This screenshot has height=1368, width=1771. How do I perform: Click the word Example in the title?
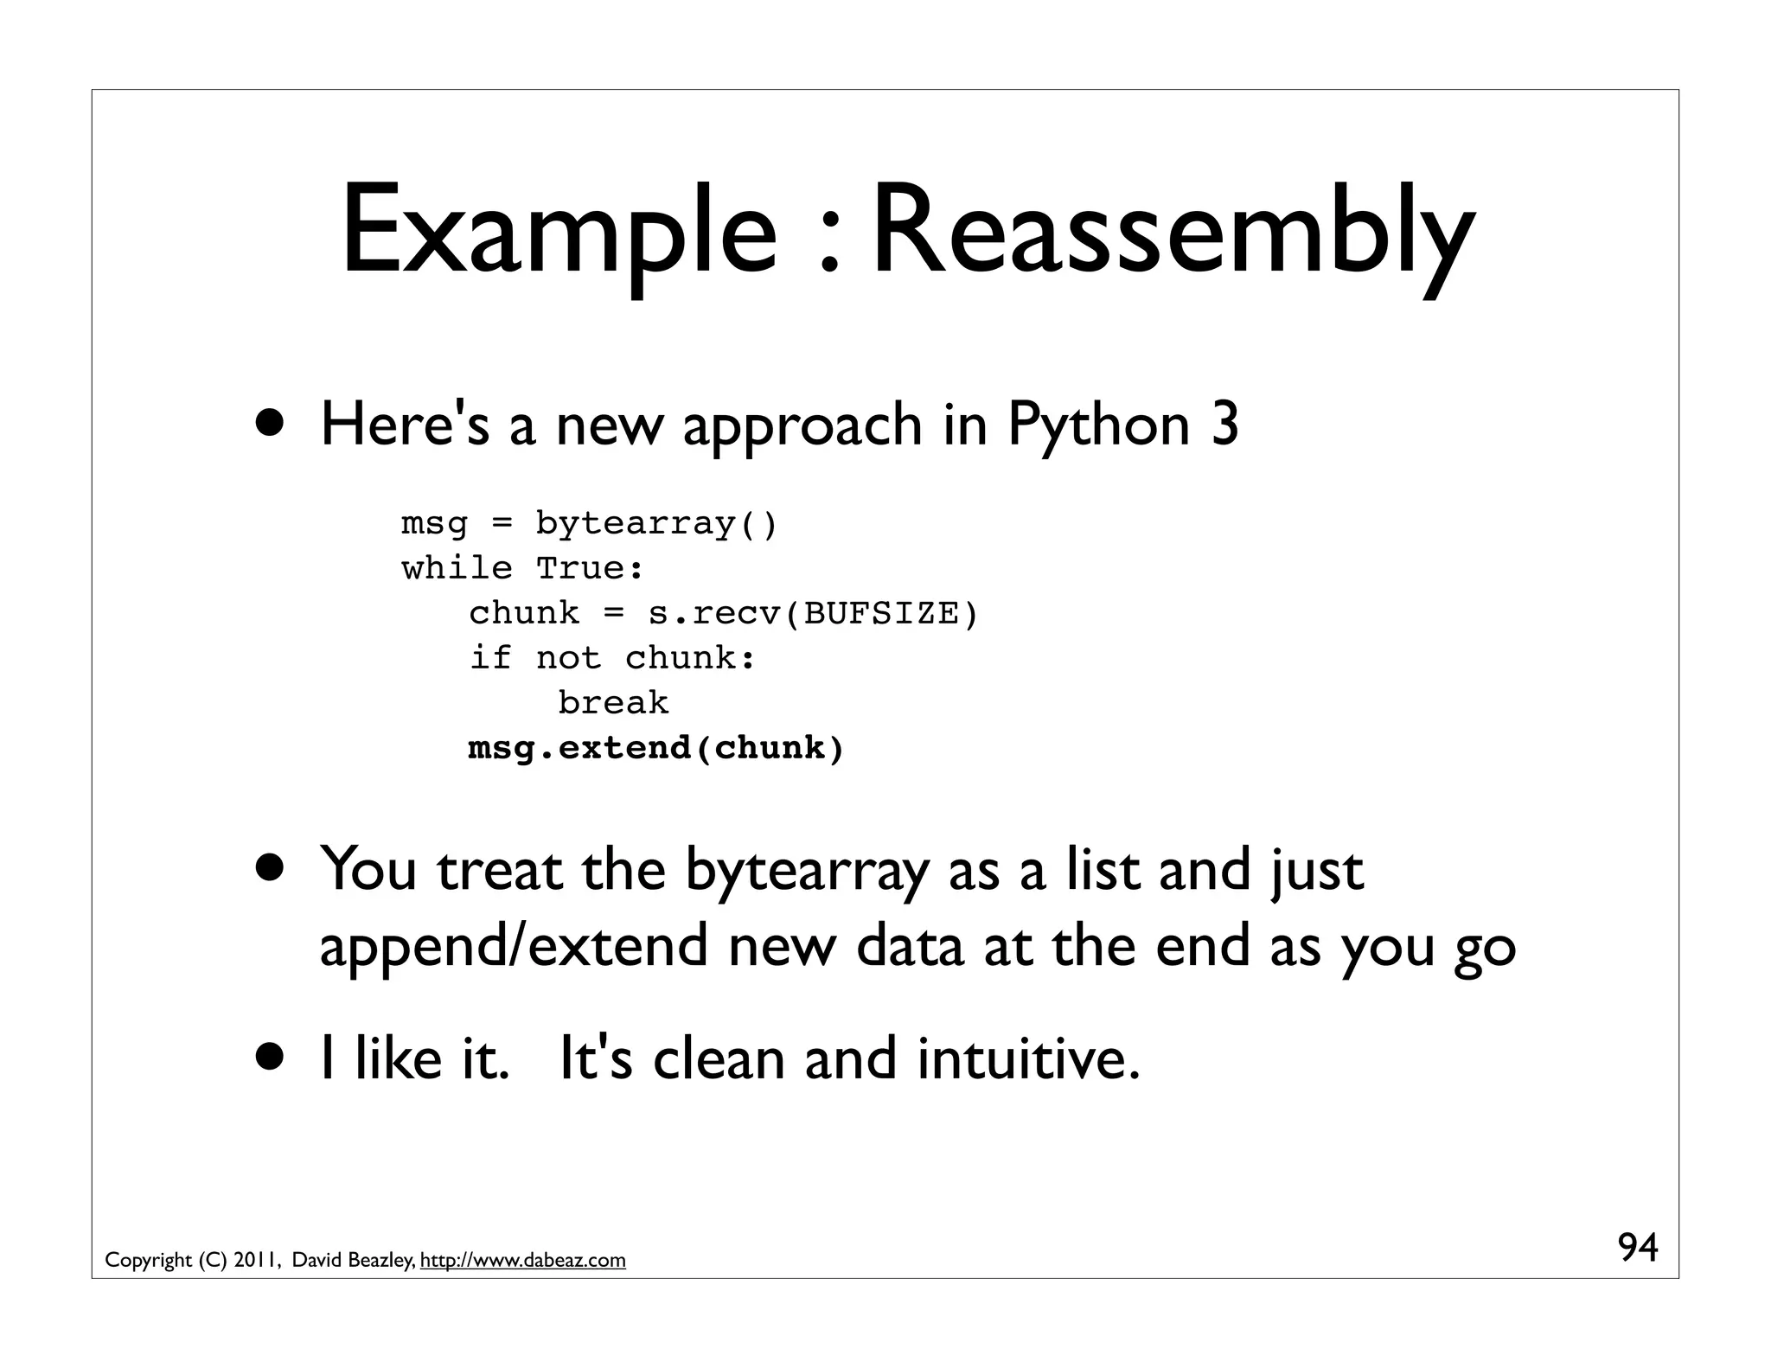(x=559, y=231)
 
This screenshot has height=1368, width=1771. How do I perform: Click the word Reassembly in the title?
(x=1172, y=231)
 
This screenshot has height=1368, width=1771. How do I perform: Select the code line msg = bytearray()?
(x=589, y=524)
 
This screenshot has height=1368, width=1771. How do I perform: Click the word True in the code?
(x=587, y=569)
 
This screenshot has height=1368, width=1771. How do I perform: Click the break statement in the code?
(x=613, y=703)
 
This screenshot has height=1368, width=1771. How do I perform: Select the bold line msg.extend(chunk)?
(x=655, y=748)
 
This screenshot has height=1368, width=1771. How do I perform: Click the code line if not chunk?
(x=612, y=659)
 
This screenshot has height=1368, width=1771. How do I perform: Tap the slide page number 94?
(x=1638, y=1248)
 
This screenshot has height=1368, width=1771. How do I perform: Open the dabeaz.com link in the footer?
(x=522, y=1261)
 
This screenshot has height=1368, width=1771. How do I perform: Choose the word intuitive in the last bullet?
(x=1028, y=1058)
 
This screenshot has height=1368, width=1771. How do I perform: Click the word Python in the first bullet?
(x=1098, y=426)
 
